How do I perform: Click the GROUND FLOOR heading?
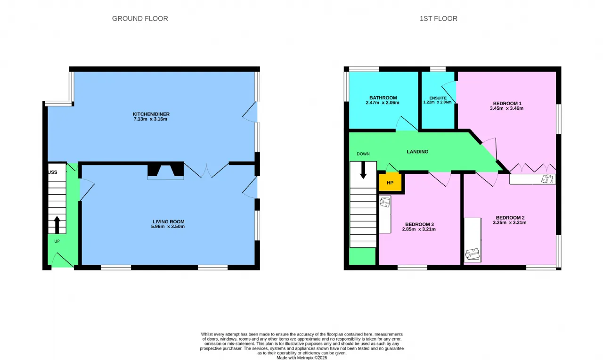[140, 18]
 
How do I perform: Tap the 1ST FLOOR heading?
[439, 18]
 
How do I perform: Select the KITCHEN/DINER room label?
[151, 114]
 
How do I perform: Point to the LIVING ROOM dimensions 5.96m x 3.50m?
[168, 227]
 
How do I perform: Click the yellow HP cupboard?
[390, 182]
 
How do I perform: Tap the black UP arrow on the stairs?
[57, 225]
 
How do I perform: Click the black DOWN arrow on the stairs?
[363, 170]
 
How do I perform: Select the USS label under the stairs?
[53, 172]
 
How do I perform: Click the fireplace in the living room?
[165, 171]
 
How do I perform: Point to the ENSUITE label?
[438, 98]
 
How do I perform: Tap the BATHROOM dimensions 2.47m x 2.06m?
[383, 103]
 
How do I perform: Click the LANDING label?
[417, 152]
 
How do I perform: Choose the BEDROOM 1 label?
[507, 103]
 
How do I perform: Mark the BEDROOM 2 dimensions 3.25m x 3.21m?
[510, 223]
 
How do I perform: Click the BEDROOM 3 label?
[419, 225]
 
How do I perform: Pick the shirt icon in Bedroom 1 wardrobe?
[547, 179]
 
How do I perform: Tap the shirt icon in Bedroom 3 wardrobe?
[385, 202]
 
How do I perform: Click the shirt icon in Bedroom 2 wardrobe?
[473, 254]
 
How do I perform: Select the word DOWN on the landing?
[363, 154]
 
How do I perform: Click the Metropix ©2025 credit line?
[302, 358]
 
